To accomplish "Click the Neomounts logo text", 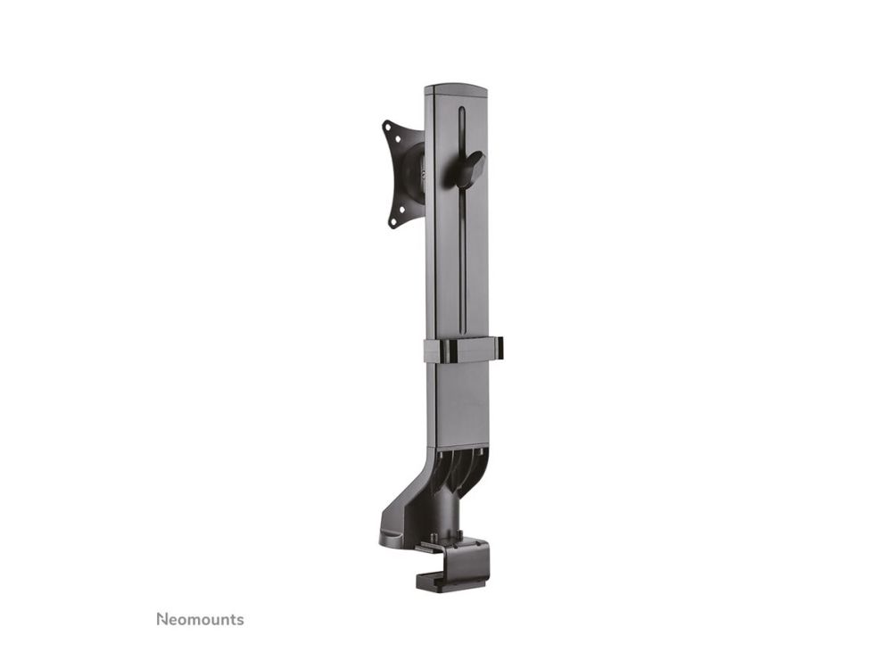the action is click(x=200, y=619).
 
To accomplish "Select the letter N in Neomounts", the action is click(x=162, y=620).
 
